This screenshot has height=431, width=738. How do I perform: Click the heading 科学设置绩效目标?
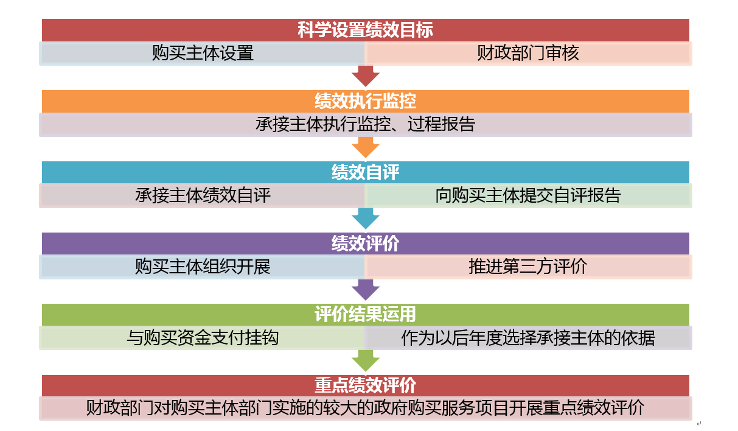(x=365, y=30)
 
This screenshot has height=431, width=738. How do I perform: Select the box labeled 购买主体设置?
(x=203, y=53)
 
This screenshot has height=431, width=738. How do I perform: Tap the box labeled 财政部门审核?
(x=527, y=53)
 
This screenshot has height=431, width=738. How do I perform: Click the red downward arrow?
(x=365, y=76)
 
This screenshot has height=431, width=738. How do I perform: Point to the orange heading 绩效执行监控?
(x=365, y=101)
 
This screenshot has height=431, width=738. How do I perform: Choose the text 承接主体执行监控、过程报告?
(x=365, y=124)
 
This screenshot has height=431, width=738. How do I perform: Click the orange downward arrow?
(x=365, y=147)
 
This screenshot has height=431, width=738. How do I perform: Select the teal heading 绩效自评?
(x=365, y=172)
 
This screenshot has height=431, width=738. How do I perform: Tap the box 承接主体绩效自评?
(x=203, y=195)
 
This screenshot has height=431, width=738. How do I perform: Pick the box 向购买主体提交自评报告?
(x=527, y=195)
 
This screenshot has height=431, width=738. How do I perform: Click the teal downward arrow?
(x=365, y=219)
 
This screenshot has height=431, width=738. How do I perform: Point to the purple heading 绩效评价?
(x=365, y=244)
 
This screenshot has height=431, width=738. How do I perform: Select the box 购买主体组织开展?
(x=203, y=267)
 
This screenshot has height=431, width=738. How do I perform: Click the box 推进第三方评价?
(x=527, y=267)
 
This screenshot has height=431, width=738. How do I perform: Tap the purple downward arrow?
(x=365, y=290)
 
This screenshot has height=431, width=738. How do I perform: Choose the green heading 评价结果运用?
(x=365, y=315)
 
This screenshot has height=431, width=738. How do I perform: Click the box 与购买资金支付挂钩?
(x=203, y=338)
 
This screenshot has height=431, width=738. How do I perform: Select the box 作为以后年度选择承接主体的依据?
(x=527, y=338)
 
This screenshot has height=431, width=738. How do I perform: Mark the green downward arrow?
(x=365, y=361)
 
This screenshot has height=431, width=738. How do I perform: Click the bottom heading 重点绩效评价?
(x=365, y=386)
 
